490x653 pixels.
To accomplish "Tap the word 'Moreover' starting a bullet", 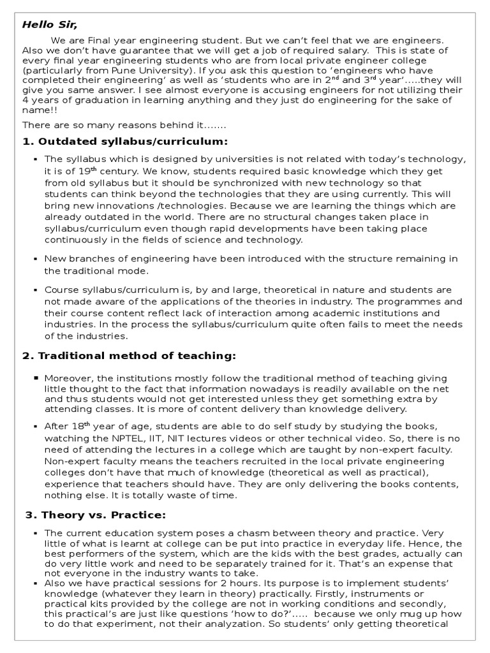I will (x=66, y=378).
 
